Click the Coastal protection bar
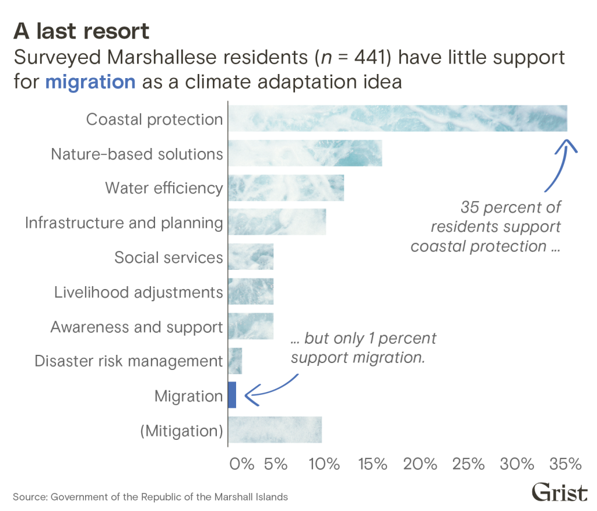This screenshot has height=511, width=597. [397, 118]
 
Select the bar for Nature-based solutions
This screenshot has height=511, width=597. [305, 153]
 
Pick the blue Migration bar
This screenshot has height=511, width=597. [232, 394]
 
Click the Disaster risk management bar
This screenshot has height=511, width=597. [235, 361]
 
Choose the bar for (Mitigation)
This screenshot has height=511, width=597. [275, 430]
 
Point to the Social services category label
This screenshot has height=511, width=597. [168, 258]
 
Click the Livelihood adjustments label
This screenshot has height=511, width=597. [138, 292]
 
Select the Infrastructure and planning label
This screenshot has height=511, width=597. [124, 223]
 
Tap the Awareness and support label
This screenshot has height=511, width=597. [136, 327]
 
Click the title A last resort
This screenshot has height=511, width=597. [81, 31]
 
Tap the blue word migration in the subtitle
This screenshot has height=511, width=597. [90, 82]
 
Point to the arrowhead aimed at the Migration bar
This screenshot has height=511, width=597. [248, 397]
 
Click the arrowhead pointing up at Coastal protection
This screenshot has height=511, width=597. [566, 143]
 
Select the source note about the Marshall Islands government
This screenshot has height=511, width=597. [150, 497]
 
